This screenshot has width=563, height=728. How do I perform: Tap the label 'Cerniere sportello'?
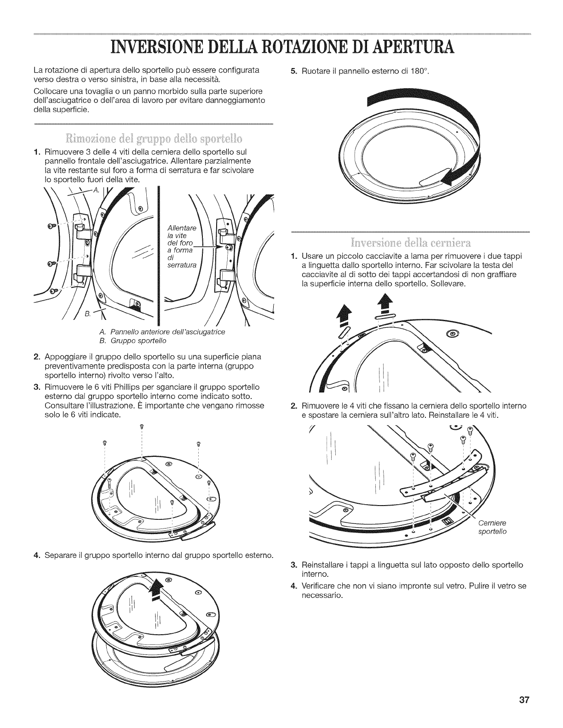coord(493,527)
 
